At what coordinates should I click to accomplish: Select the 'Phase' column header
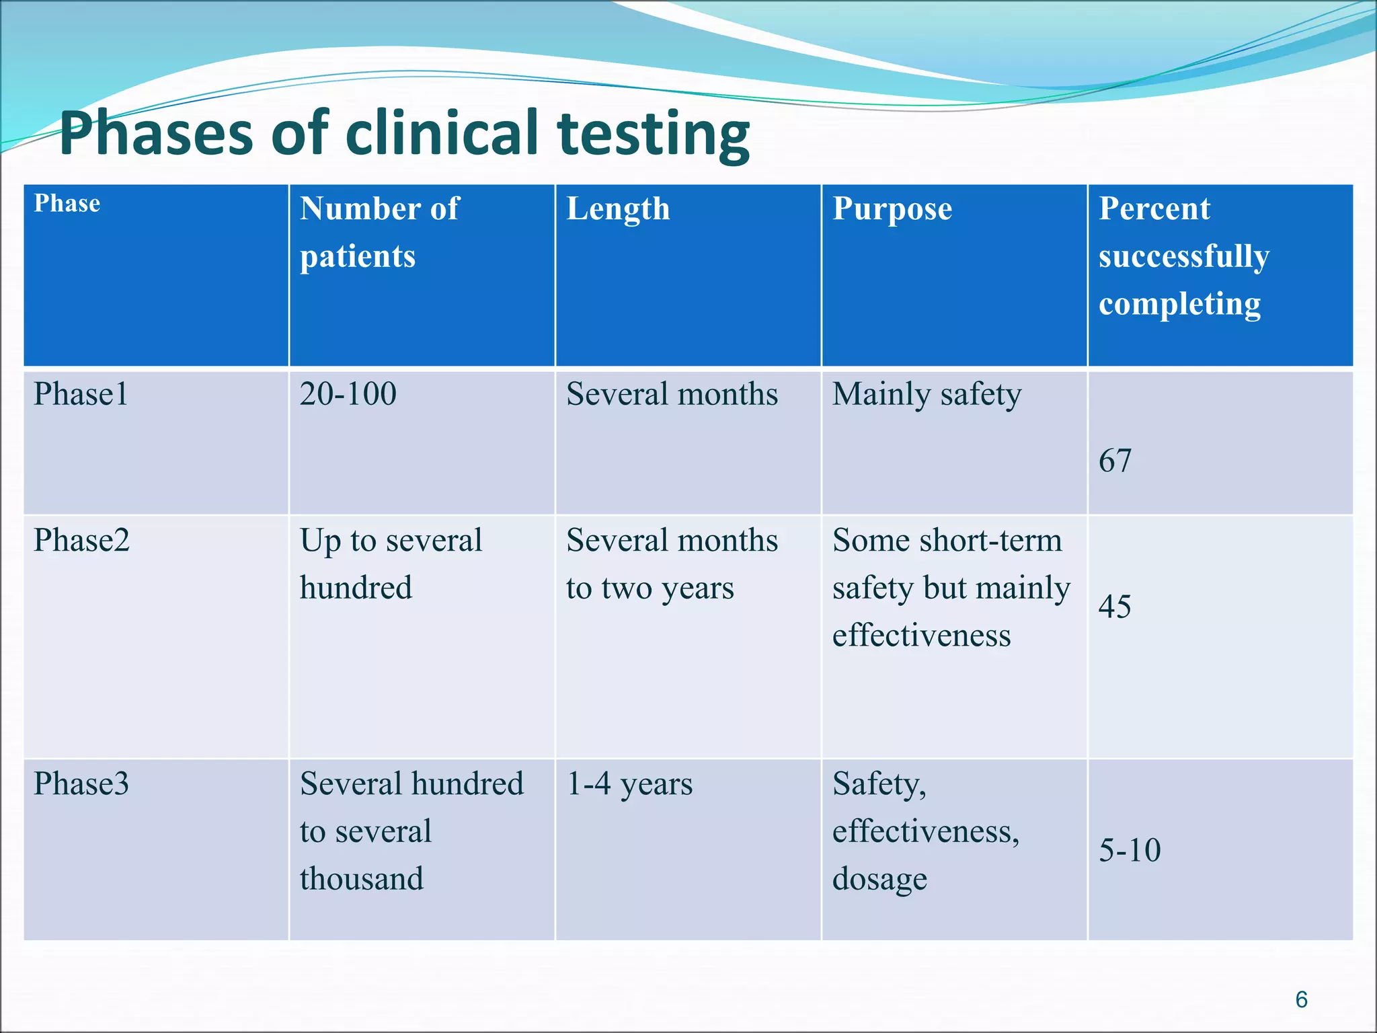click(x=67, y=203)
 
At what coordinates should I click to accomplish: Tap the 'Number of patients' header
click(x=379, y=232)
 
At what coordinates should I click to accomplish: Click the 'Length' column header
click(x=618, y=208)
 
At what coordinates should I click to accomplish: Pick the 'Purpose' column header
click(x=892, y=208)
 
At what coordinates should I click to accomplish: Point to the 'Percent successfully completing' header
click(x=1183, y=256)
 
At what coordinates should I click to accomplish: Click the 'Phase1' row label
click(x=81, y=394)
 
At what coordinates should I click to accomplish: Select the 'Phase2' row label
click(x=81, y=540)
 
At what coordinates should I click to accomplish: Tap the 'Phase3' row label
click(x=81, y=783)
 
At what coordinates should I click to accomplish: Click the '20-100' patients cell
click(x=348, y=394)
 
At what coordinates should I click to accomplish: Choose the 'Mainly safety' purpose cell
click(x=927, y=395)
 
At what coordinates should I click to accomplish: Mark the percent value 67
click(x=1115, y=461)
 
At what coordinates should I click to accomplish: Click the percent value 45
click(x=1115, y=607)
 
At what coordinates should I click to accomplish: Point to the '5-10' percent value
click(x=1130, y=850)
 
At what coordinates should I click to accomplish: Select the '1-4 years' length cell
click(x=629, y=784)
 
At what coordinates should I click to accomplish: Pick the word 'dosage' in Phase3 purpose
click(x=879, y=880)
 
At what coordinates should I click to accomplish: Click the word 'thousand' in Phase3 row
click(x=362, y=879)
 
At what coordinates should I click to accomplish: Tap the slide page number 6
click(x=1301, y=999)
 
